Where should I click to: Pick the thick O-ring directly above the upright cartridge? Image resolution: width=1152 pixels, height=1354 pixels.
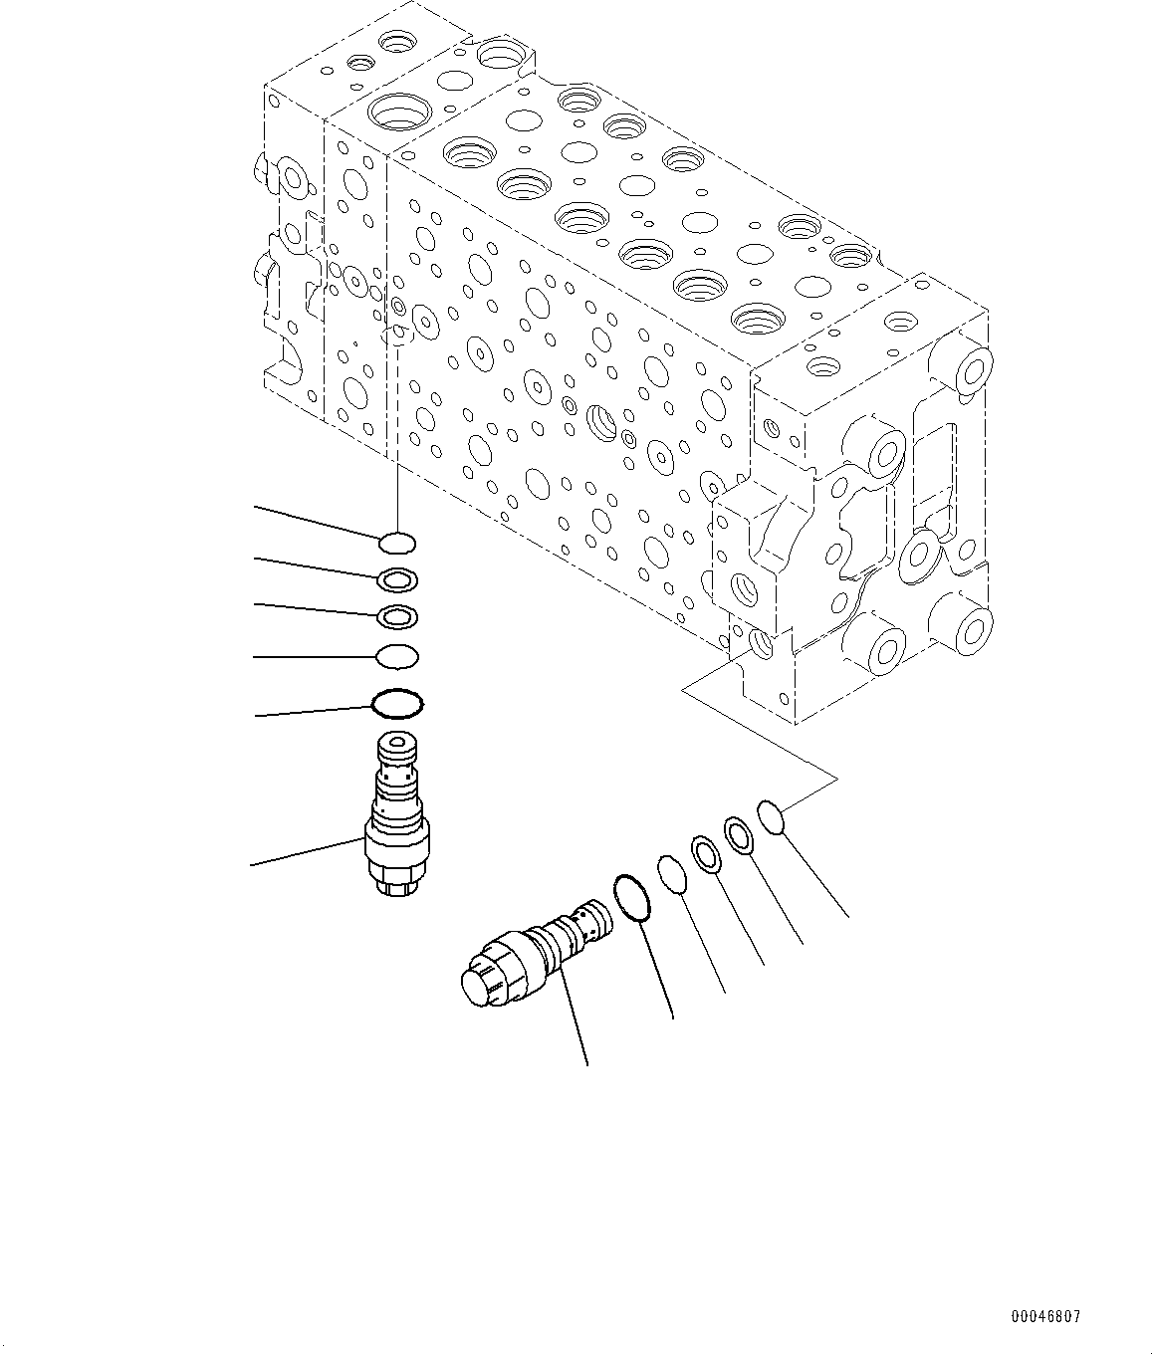pyautogui.click(x=397, y=704)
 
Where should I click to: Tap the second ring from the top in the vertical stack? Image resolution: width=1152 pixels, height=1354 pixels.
pyautogui.click(x=397, y=579)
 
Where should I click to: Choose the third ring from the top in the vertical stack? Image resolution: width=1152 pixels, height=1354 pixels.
pyautogui.click(x=397, y=617)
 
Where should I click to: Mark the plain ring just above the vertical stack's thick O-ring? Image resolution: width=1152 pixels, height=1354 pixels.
pyautogui.click(x=397, y=657)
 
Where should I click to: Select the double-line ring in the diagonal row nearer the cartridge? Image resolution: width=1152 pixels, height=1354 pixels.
pyautogui.click(x=706, y=855)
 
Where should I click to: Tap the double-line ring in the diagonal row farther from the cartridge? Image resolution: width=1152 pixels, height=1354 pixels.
pyautogui.click(x=739, y=834)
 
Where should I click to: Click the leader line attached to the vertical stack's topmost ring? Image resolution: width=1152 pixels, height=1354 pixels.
pyautogui.click(x=319, y=524)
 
